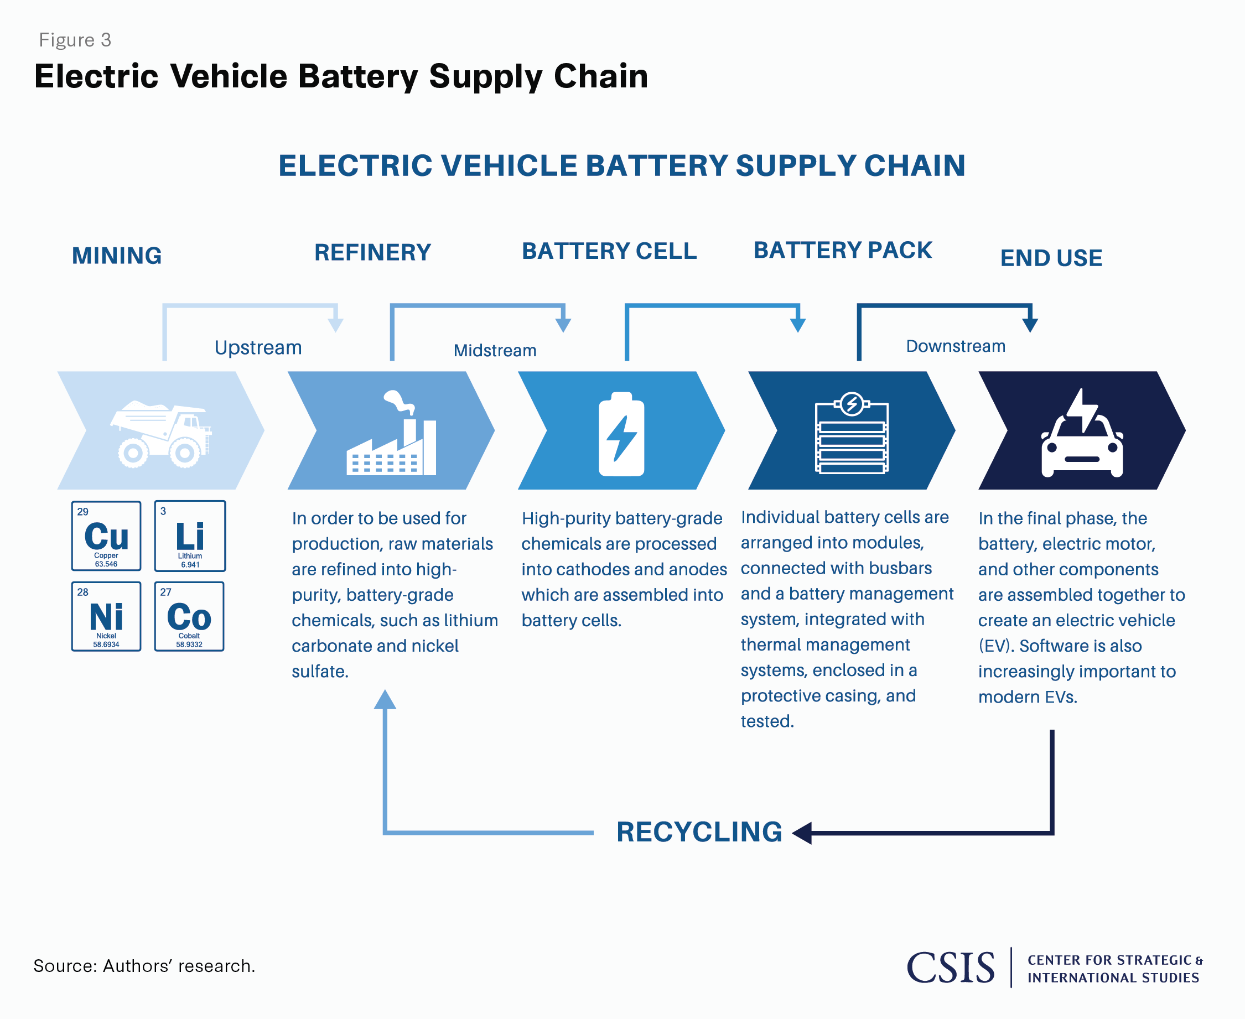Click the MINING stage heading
click(117, 256)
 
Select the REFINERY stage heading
click(373, 252)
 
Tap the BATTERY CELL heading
click(609, 251)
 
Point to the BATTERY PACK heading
click(843, 250)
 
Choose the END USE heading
click(1051, 258)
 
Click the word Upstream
click(258, 347)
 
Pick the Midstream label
click(495, 350)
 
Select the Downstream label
click(956, 346)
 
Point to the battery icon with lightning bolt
click(621, 434)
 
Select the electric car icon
click(1082, 434)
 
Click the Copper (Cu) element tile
click(106, 536)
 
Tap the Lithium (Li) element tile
click(190, 536)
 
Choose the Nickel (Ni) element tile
click(106, 616)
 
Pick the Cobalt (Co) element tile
click(189, 616)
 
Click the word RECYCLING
click(699, 832)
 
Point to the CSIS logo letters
click(951, 968)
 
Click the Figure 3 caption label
click(75, 40)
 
